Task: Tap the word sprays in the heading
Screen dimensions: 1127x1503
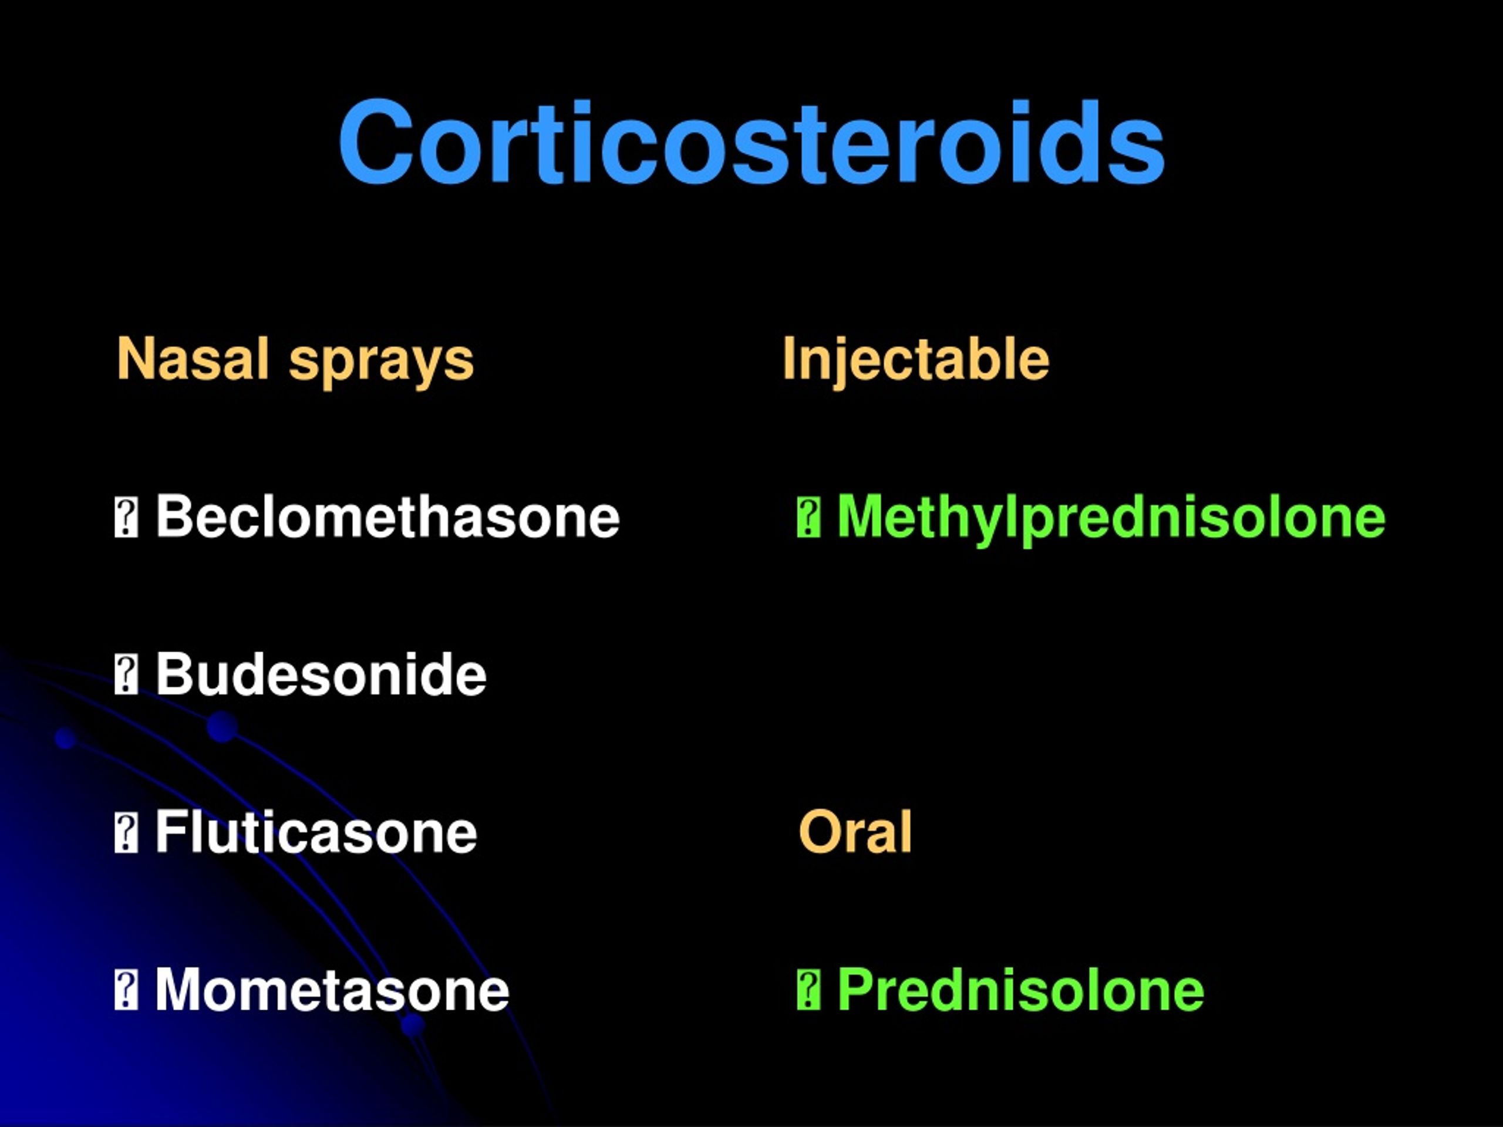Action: pyautogui.click(x=381, y=362)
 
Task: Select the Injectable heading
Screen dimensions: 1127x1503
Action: pyautogui.click(x=915, y=360)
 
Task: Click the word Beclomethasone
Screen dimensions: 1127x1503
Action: pyautogui.click(x=387, y=517)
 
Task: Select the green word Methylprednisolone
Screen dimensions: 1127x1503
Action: pyautogui.click(x=1111, y=518)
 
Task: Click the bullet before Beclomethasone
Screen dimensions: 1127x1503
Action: pyautogui.click(x=126, y=518)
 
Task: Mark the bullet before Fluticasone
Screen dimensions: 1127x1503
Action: pyautogui.click(x=126, y=833)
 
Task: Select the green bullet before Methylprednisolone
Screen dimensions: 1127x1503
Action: pyautogui.click(x=808, y=518)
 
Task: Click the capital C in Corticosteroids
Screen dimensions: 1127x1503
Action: pyautogui.click(x=376, y=143)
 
